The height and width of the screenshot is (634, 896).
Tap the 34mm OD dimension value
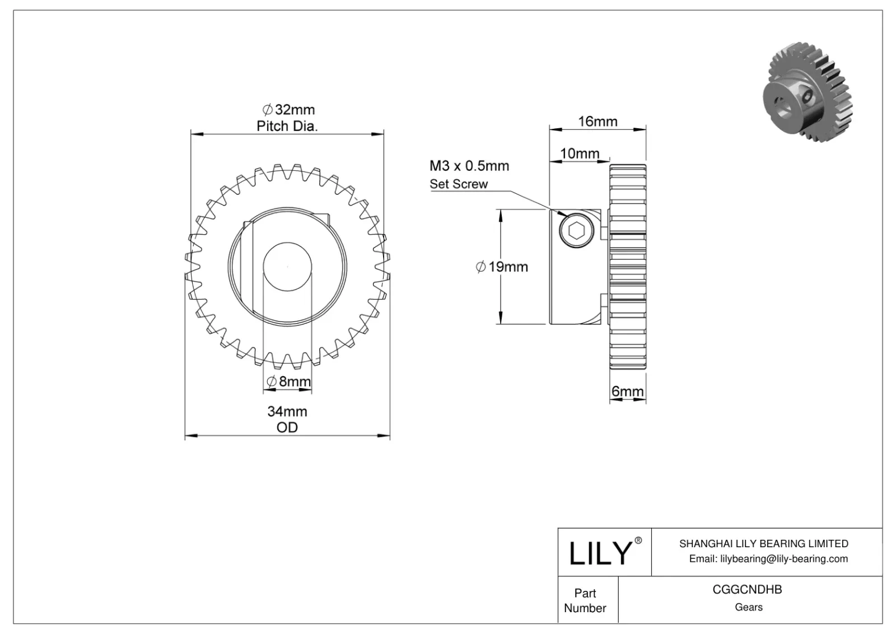coord(287,411)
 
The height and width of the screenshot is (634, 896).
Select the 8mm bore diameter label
coord(288,382)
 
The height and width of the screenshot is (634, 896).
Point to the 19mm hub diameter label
coord(502,267)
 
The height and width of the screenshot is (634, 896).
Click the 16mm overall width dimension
coord(598,122)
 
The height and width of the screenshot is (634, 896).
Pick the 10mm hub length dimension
coord(580,153)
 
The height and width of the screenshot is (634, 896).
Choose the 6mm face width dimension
coord(627,391)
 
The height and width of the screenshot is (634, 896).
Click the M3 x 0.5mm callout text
coord(469,166)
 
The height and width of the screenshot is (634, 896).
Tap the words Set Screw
coord(458,184)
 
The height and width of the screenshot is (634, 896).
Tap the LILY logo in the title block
coord(600,553)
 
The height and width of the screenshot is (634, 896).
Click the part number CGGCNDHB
coord(747,589)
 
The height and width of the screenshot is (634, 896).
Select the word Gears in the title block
coord(748,607)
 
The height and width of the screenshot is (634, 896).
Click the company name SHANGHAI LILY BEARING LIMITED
coord(763,543)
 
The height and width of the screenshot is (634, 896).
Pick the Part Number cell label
coord(585,600)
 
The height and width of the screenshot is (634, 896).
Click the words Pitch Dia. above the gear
coord(287,126)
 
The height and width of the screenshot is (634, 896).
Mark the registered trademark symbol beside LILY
coord(638,540)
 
